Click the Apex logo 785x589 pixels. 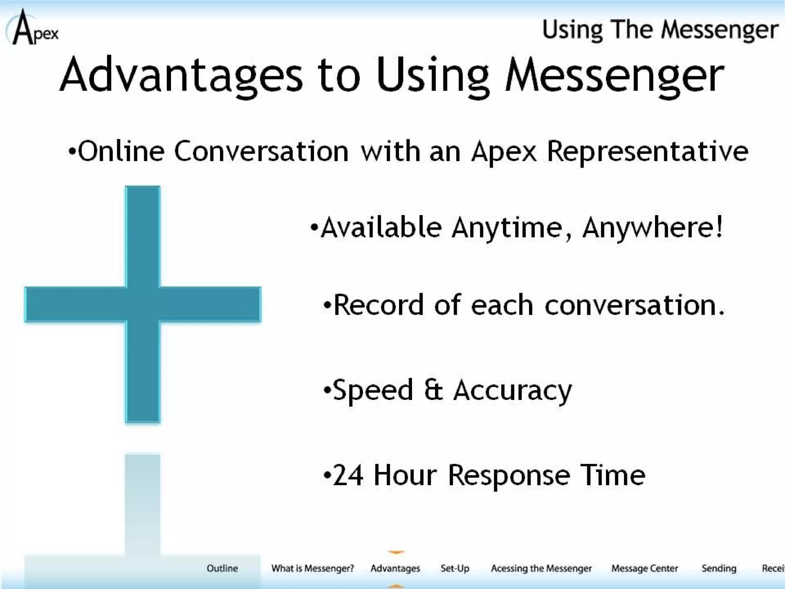pos(33,28)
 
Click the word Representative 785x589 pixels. pos(647,151)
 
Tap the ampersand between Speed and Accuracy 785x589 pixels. pos(434,390)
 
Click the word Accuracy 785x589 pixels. pos(512,390)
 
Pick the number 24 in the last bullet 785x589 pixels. pos(348,475)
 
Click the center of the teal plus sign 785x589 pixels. pos(143,304)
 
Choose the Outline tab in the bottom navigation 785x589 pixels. pos(222,568)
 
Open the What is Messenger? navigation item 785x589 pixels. pos(312,568)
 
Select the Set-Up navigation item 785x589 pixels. pos(455,568)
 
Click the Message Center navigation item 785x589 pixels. pos(644,568)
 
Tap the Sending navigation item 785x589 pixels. pos(719,568)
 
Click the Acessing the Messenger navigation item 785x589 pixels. pos(541,568)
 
